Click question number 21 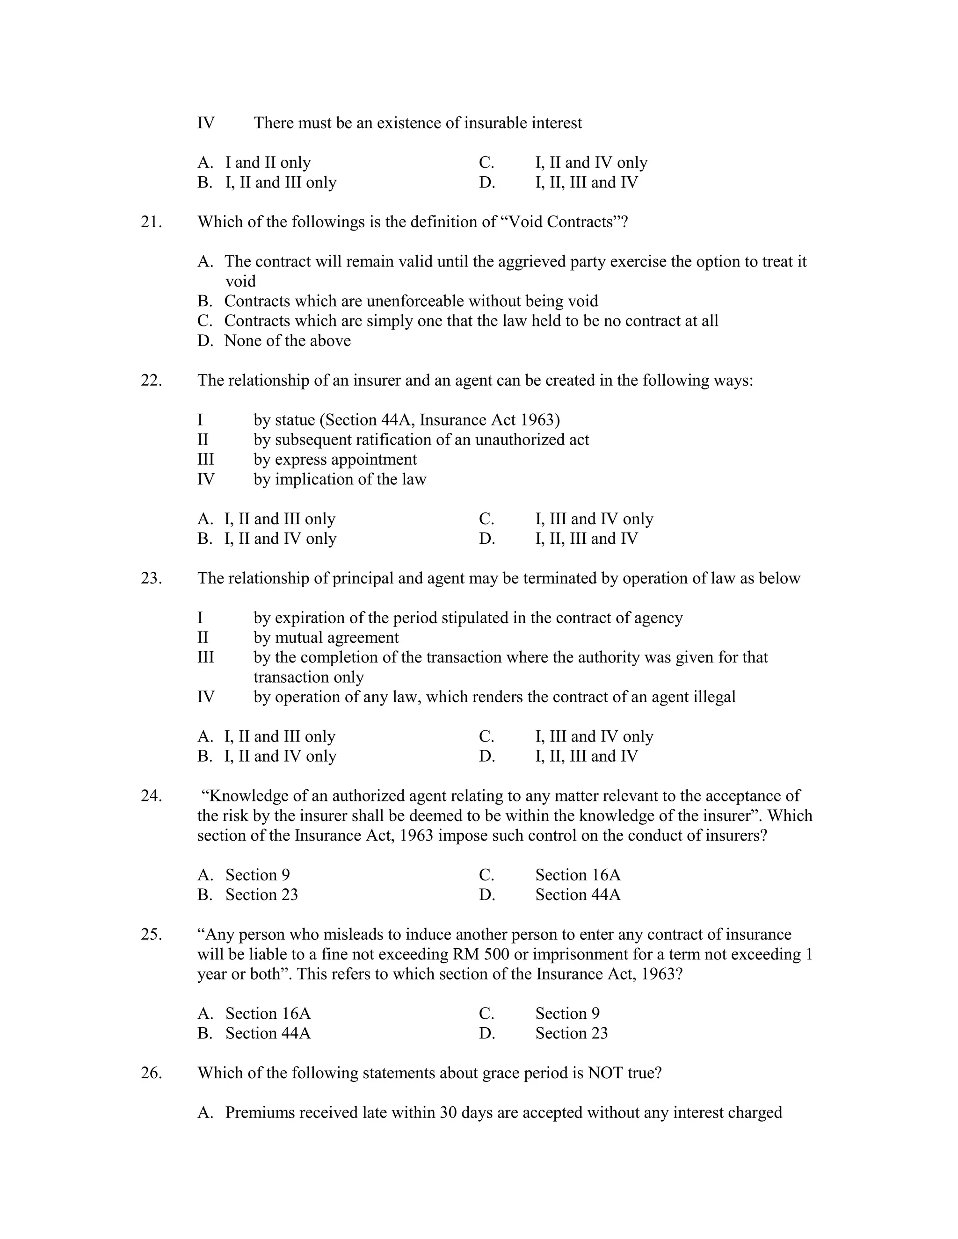[x=151, y=222]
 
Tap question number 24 [x=151, y=796]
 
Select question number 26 [x=151, y=1073]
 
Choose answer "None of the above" [x=287, y=340]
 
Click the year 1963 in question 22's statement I [x=538, y=420]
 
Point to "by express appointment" [x=335, y=460]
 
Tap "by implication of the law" [x=340, y=479]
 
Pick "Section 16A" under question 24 [x=578, y=875]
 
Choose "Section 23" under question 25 [x=571, y=1033]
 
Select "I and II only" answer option [x=268, y=163]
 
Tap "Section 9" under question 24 [x=257, y=875]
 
